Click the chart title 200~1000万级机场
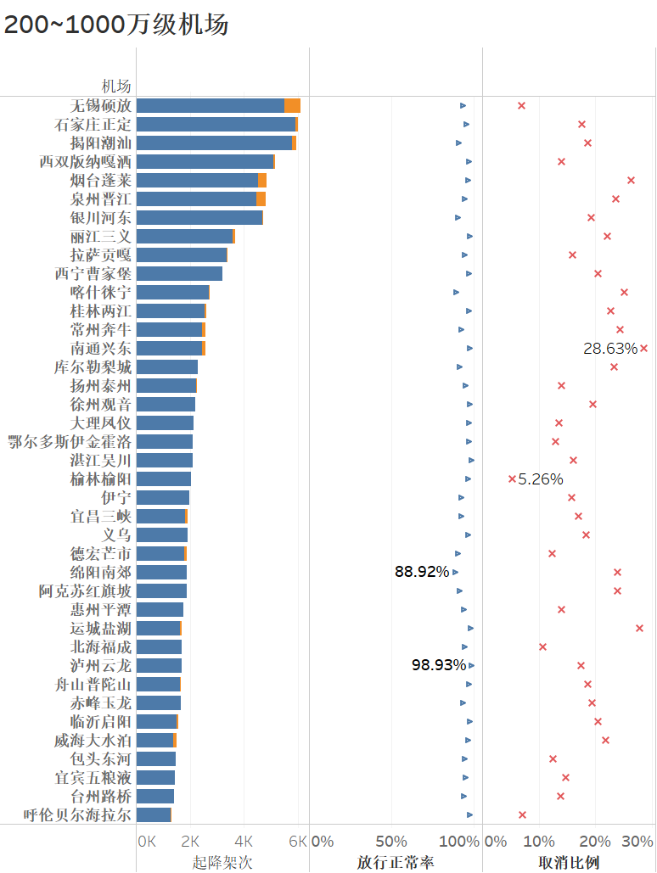(x=116, y=25)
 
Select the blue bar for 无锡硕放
(x=210, y=105)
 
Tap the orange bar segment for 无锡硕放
(x=293, y=105)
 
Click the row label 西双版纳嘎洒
(x=85, y=161)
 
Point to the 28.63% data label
(x=609, y=348)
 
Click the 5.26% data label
(x=541, y=478)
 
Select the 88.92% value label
(x=422, y=572)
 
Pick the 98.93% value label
(x=439, y=665)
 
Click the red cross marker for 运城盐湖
(x=639, y=628)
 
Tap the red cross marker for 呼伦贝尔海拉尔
(x=522, y=814)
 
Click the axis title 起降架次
(x=222, y=862)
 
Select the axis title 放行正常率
(x=396, y=862)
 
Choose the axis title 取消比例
(x=569, y=862)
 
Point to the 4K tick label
(x=244, y=841)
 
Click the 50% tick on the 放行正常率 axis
(x=391, y=841)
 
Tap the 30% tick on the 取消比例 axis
(x=637, y=841)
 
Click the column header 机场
(x=117, y=86)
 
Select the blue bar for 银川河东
(x=199, y=217)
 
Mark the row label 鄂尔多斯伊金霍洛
(x=70, y=441)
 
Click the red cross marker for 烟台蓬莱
(x=631, y=180)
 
